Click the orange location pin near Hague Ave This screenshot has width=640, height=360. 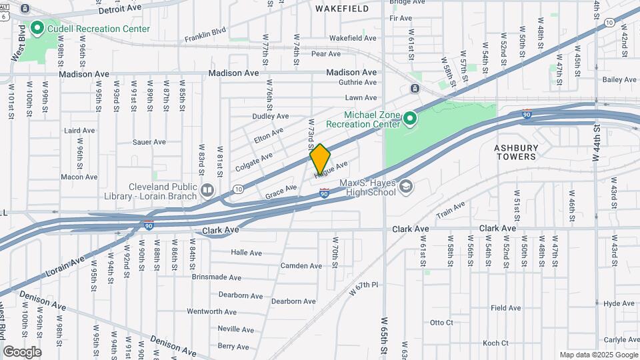pos(320,159)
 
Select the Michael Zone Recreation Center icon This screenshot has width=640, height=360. pos(409,119)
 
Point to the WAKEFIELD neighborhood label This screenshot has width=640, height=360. pos(342,9)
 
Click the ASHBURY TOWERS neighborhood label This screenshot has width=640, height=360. pos(516,152)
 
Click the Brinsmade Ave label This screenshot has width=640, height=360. pos(216,277)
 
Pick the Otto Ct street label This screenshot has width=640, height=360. pos(441,323)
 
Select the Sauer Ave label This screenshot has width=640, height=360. pos(149,142)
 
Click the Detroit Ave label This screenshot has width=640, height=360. pos(120,11)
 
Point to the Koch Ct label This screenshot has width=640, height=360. pos(495,343)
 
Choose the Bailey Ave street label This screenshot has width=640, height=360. pos(619,79)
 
